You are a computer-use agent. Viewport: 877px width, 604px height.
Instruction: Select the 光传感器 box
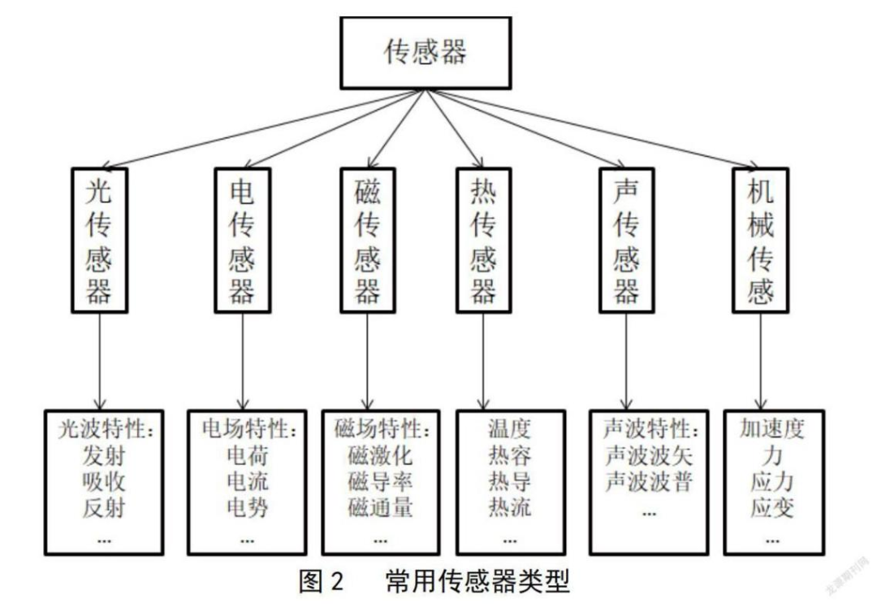coord(99,239)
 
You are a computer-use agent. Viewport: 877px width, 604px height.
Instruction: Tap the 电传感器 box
coord(242,239)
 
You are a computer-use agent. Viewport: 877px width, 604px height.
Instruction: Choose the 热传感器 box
coord(484,239)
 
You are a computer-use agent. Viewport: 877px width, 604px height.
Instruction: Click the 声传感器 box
coord(624,239)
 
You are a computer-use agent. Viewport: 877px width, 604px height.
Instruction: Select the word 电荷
coord(248,454)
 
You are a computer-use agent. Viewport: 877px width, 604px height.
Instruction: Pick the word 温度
coord(509,427)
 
